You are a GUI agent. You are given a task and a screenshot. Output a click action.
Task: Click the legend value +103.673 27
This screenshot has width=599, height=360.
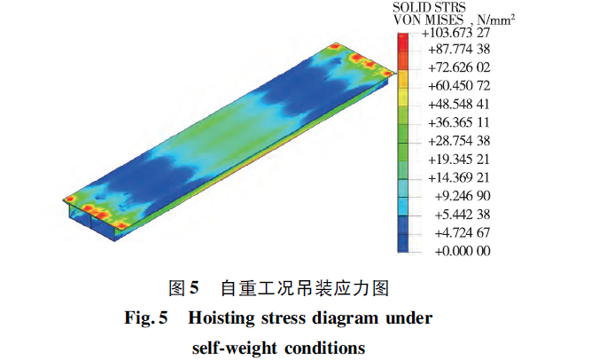(x=455, y=33)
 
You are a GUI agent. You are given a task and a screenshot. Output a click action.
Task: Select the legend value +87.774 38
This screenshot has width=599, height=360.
(x=459, y=50)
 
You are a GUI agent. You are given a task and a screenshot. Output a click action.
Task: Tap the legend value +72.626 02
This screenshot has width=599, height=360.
(x=459, y=67)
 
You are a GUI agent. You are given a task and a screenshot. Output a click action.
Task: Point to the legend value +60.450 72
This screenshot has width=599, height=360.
(x=459, y=86)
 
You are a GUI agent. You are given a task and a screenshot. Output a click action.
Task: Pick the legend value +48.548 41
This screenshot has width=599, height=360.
(x=459, y=104)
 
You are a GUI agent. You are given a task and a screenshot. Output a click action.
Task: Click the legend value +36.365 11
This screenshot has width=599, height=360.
(x=459, y=122)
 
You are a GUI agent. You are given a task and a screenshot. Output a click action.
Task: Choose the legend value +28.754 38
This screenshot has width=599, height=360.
(x=459, y=141)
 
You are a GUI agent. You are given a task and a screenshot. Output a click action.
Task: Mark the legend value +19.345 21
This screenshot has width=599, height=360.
(x=459, y=159)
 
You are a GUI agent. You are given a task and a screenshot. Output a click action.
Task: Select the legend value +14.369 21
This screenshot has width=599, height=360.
(x=459, y=177)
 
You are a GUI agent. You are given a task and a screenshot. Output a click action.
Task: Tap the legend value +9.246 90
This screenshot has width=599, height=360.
(x=463, y=196)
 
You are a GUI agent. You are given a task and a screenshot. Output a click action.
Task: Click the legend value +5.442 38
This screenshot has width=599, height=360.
(x=463, y=214)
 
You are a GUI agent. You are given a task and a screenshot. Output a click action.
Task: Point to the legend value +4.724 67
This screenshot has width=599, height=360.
(x=463, y=232)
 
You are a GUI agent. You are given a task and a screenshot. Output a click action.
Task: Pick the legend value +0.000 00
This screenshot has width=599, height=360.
(x=463, y=251)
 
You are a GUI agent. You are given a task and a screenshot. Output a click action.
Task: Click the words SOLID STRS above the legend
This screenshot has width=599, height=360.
(x=429, y=7)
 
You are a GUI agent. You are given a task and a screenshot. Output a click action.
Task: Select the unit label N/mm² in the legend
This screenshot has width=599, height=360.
(x=496, y=20)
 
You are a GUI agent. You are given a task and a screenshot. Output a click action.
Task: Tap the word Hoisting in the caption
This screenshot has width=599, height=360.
(x=222, y=318)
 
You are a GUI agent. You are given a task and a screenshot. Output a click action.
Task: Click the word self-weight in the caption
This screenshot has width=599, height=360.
(x=235, y=348)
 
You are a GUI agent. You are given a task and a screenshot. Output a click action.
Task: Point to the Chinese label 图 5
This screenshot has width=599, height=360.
(x=183, y=288)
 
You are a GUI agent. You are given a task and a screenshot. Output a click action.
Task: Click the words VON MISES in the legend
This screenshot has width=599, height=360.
(x=428, y=20)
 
